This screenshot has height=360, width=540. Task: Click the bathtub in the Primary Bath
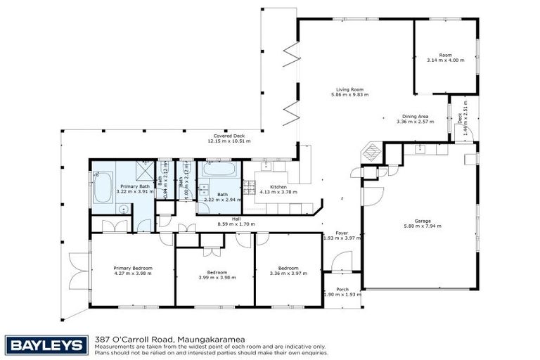tap(102, 187)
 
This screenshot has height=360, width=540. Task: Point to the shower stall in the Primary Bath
tap(145, 172)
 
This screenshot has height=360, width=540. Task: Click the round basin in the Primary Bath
tap(122, 209)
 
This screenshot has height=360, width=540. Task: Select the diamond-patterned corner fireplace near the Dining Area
tap(371, 152)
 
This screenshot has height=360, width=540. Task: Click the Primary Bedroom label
tap(133, 268)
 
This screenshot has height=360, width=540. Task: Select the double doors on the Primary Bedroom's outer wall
tap(77, 271)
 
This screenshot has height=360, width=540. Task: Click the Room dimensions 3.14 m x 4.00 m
tap(445, 60)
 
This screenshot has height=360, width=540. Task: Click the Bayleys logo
tap(46, 345)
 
